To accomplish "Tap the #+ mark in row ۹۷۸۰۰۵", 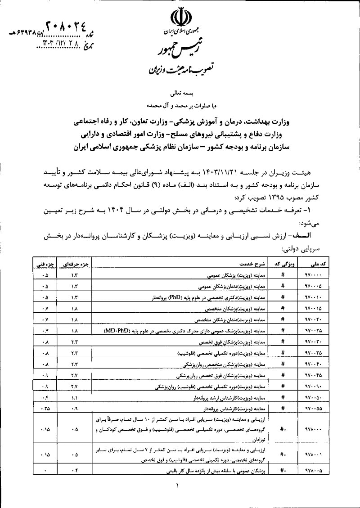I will (283, 470).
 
